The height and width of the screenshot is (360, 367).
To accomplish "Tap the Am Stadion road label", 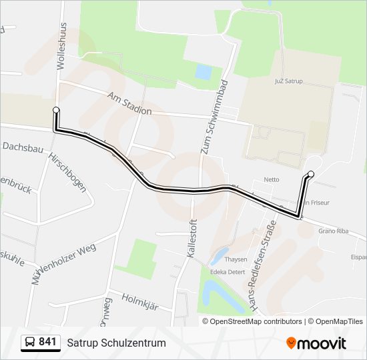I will click(129, 104).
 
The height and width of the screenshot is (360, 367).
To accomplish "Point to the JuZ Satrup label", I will click(289, 81).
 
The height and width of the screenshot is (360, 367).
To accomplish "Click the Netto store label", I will click(272, 179).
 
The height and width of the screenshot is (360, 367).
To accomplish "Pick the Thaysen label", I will click(236, 259).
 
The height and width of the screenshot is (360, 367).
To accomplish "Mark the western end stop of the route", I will click(56, 110).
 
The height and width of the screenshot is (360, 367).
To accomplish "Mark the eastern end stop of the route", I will click(311, 174).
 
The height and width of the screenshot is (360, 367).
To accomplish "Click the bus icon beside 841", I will click(29, 343).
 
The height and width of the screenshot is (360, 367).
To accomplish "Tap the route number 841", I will click(47, 342).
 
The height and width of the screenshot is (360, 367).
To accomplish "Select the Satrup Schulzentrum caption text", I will click(116, 343).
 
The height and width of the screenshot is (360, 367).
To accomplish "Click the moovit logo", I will click(316, 343).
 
